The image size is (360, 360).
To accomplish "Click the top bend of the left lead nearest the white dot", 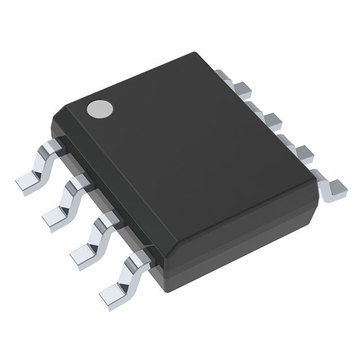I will pyautogui.click(x=55, y=150).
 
